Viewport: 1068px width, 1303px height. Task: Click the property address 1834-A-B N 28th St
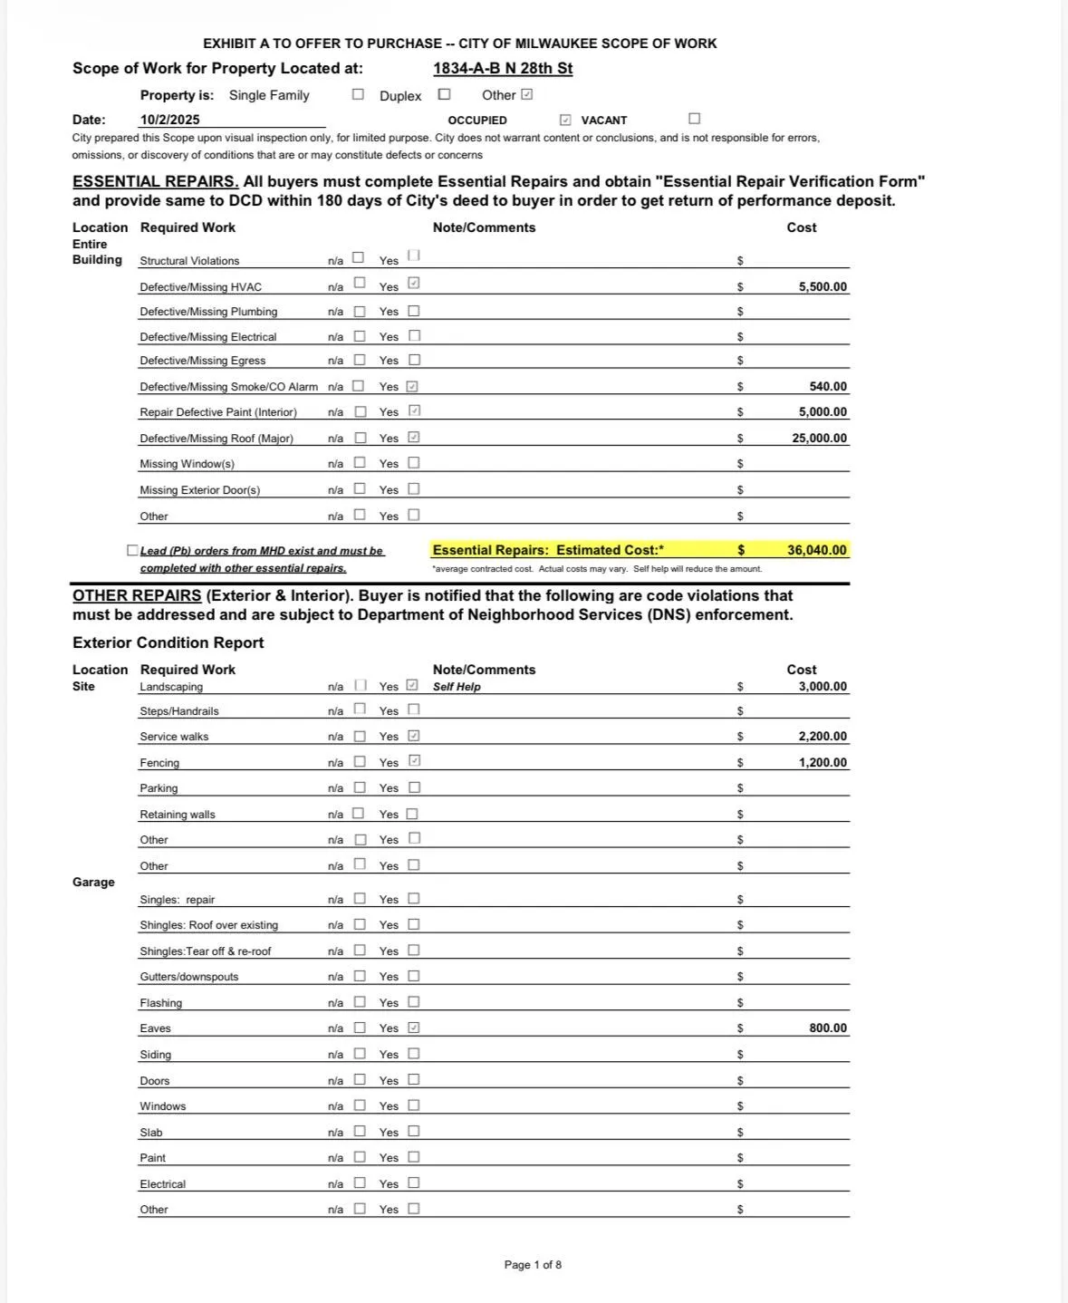(503, 69)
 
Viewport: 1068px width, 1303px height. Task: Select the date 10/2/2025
(170, 120)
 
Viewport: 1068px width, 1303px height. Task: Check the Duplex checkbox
(444, 94)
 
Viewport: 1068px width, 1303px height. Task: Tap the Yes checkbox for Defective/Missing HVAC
(414, 283)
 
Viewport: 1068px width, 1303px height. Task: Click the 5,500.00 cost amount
(823, 287)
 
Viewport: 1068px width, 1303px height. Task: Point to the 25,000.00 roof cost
(819, 439)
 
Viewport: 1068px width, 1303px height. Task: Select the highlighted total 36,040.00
(816, 550)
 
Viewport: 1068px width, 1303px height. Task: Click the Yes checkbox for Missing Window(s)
(414, 463)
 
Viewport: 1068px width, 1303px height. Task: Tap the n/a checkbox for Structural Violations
(358, 257)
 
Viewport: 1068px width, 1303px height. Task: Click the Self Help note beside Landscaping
(457, 687)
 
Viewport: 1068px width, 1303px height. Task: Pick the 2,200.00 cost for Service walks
(823, 737)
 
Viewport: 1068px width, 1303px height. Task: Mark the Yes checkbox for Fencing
(414, 761)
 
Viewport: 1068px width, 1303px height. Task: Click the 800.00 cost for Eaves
(828, 1028)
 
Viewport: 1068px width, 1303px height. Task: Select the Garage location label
(93, 883)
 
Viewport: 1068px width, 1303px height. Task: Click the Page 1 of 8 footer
(533, 1265)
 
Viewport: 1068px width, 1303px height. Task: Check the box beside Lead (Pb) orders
(133, 550)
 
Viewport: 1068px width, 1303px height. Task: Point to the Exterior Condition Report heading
(168, 642)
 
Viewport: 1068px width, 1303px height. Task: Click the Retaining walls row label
(178, 815)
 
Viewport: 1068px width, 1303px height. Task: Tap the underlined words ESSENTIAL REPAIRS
(155, 182)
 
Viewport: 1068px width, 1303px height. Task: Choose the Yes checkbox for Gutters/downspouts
(414, 976)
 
